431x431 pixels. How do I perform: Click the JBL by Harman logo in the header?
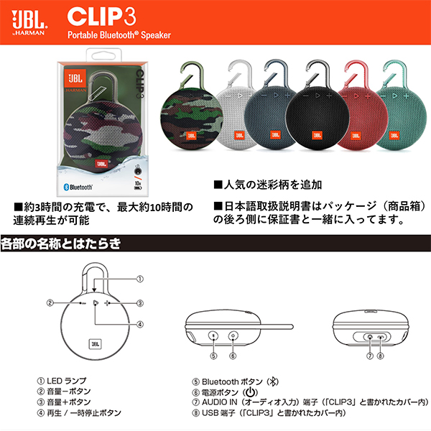pos(29,23)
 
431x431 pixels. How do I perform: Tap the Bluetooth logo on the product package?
pos(78,187)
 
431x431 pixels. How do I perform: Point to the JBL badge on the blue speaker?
pos(275,135)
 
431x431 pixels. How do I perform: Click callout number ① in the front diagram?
pos(140,279)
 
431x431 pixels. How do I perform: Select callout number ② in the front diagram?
pos(50,303)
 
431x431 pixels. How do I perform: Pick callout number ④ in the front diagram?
pos(140,325)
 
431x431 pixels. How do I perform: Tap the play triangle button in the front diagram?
pos(96,303)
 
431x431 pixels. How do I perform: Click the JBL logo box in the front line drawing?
pos(95,344)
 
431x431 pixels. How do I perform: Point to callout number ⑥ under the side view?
pos(233,356)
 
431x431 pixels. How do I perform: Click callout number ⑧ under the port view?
pos(380,356)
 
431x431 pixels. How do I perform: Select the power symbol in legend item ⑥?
pos(251,392)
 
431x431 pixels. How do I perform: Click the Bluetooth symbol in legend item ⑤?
pos(273,381)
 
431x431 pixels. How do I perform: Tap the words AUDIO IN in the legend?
pos(219,402)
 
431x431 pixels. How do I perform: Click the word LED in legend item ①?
pos(55,381)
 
